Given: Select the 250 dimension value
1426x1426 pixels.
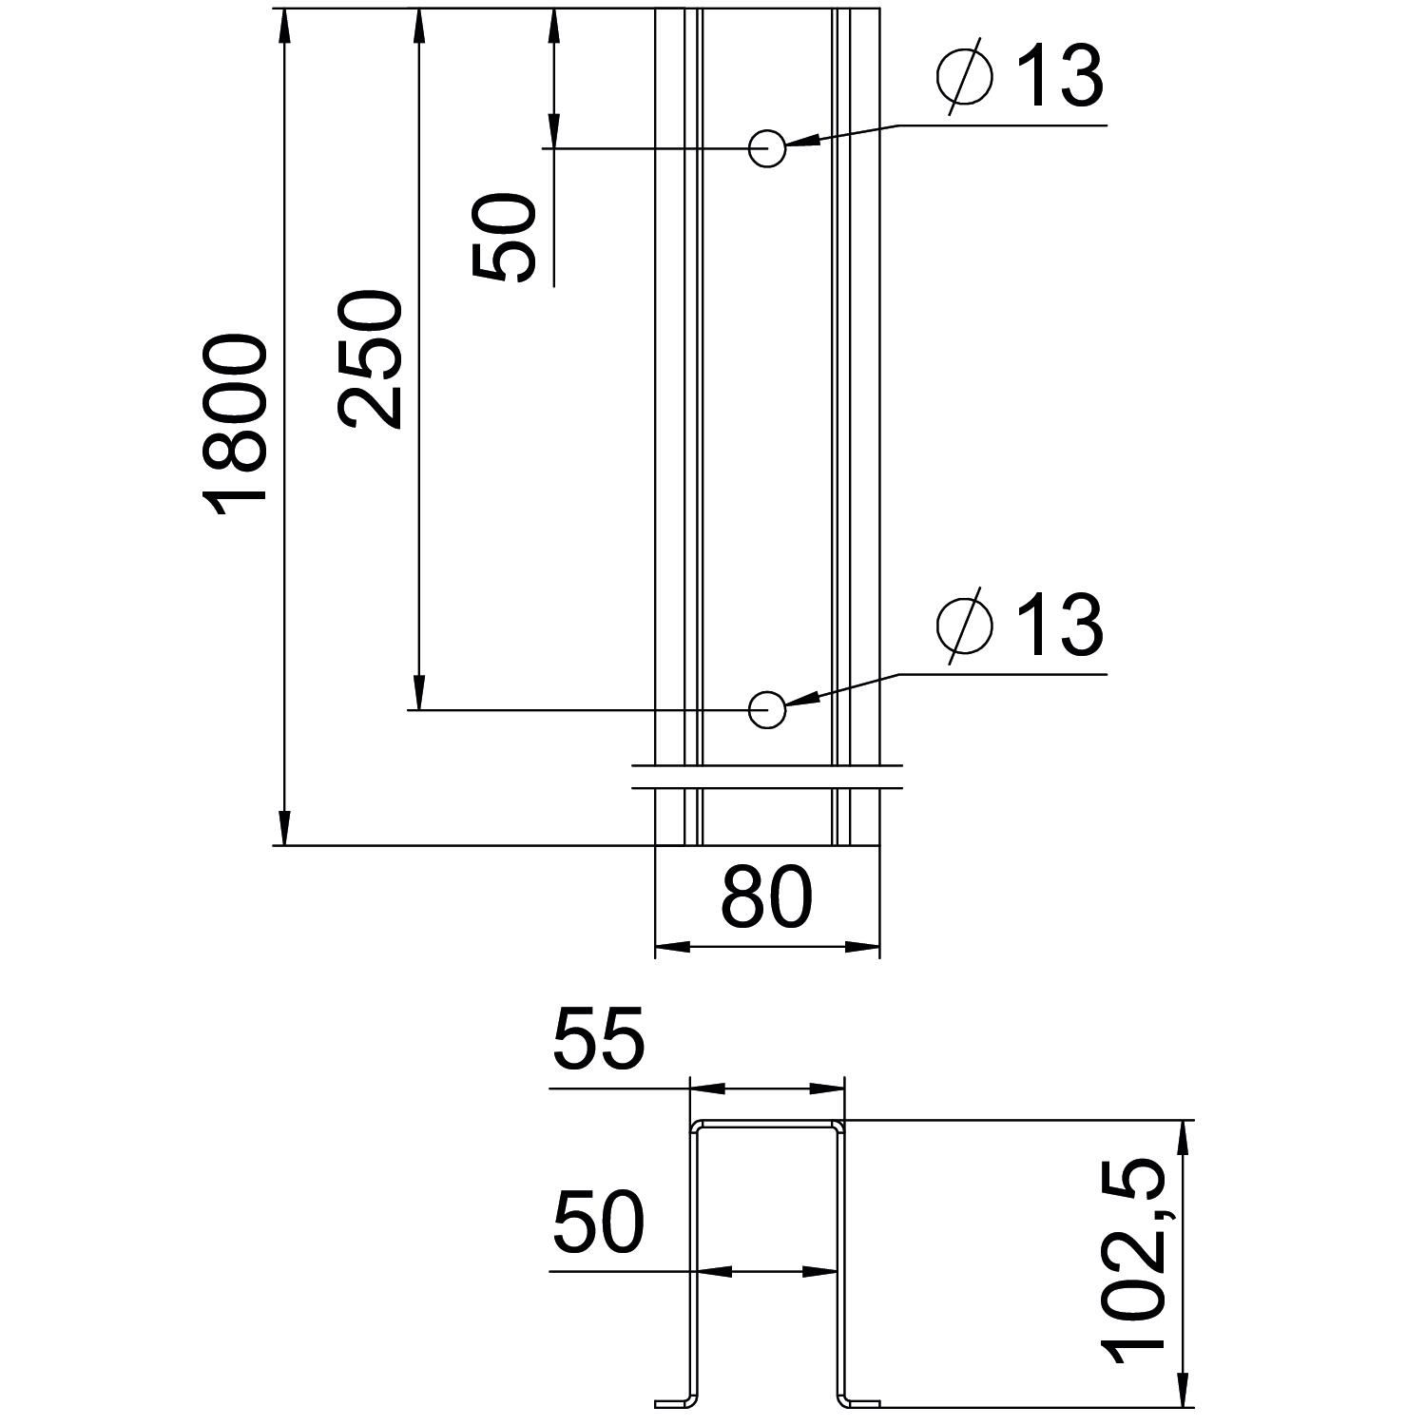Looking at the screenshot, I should coord(369,359).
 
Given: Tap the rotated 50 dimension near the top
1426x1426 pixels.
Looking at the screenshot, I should coord(504,237).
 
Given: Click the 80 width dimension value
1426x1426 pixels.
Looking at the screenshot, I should coord(766,896).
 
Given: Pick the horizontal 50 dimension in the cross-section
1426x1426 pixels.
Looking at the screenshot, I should coord(599,1222).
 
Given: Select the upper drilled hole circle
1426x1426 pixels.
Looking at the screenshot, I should coord(766,148).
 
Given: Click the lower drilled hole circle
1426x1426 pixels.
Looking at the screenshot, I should coord(766,709).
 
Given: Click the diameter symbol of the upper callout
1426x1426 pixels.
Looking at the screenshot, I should coord(964,76).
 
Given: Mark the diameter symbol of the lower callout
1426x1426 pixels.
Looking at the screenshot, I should coord(964,626).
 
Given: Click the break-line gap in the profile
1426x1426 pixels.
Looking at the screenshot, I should coord(766,775).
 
